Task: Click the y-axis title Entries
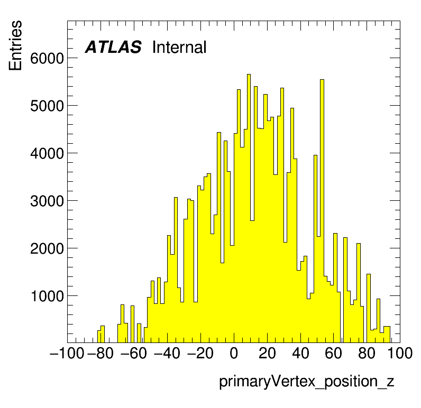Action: pyautogui.click(x=15, y=45)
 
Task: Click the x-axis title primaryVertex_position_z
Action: pyautogui.click(x=307, y=382)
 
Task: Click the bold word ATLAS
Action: pyautogui.click(x=113, y=47)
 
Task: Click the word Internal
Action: pyautogui.click(x=179, y=47)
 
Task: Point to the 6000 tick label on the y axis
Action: pyautogui.click(x=47, y=58)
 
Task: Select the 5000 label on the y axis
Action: pyautogui.click(x=47, y=106)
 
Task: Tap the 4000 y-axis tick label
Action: pyautogui.click(x=47, y=153)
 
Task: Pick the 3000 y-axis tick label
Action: pyautogui.click(x=47, y=201)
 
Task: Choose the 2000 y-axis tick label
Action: pyautogui.click(x=47, y=249)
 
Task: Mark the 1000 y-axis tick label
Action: pyautogui.click(x=47, y=296)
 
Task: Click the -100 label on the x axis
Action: pyautogui.click(x=67, y=353)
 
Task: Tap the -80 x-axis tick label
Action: pyautogui.click(x=100, y=353)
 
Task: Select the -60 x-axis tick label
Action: pyautogui.click(x=134, y=353)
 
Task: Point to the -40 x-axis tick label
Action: pyautogui.click(x=167, y=353)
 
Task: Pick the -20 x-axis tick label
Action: pyautogui.click(x=200, y=353)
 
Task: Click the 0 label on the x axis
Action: pyautogui.click(x=234, y=353)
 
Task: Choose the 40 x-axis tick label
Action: pyautogui.click(x=300, y=353)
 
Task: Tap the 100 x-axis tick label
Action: pyautogui.click(x=400, y=353)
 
